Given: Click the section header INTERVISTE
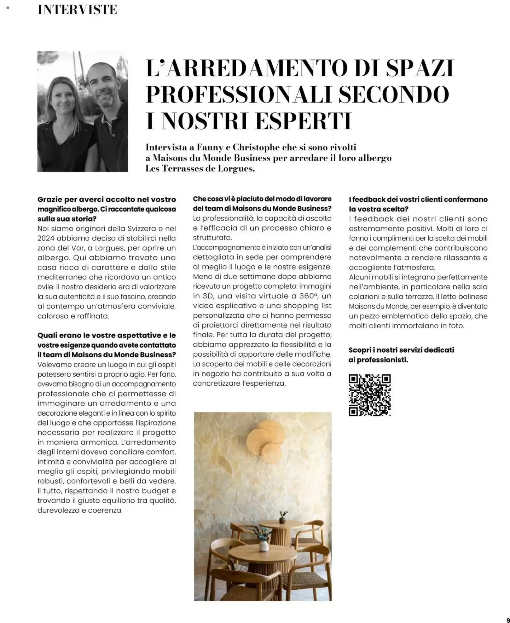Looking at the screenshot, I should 77,10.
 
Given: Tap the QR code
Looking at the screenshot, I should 370,395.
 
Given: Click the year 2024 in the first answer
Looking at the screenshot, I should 46,238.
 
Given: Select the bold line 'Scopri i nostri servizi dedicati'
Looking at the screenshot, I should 401,350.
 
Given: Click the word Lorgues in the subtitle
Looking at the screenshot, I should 237,169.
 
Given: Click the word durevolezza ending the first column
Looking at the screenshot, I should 61,511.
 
